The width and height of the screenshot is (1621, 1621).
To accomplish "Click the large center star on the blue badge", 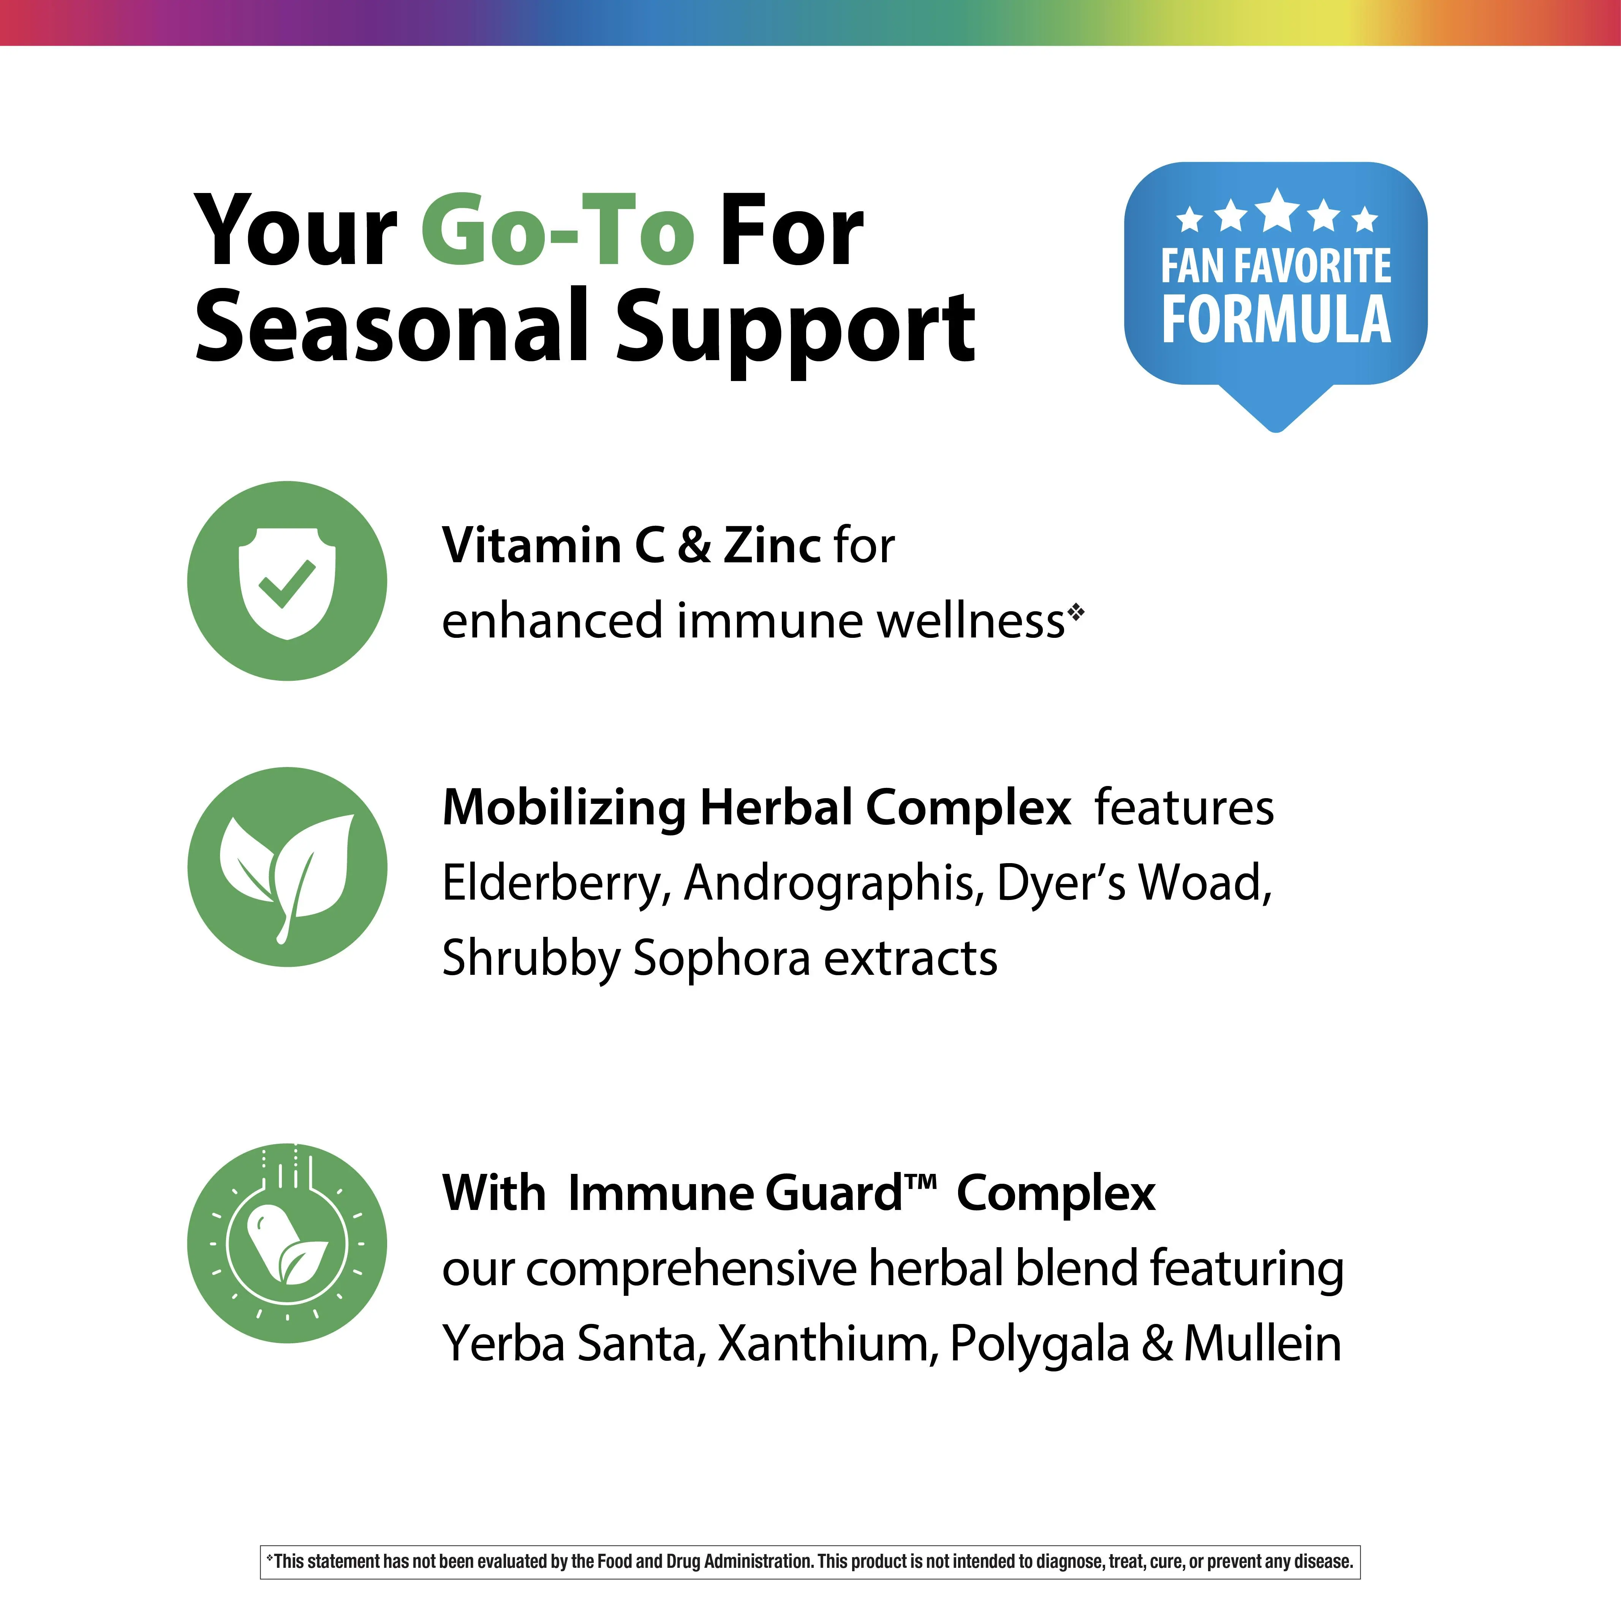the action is [1276, 210].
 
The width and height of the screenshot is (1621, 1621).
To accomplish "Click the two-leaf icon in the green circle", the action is [287, 873].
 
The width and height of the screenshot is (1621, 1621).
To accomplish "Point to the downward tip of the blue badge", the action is [1276, 431].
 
